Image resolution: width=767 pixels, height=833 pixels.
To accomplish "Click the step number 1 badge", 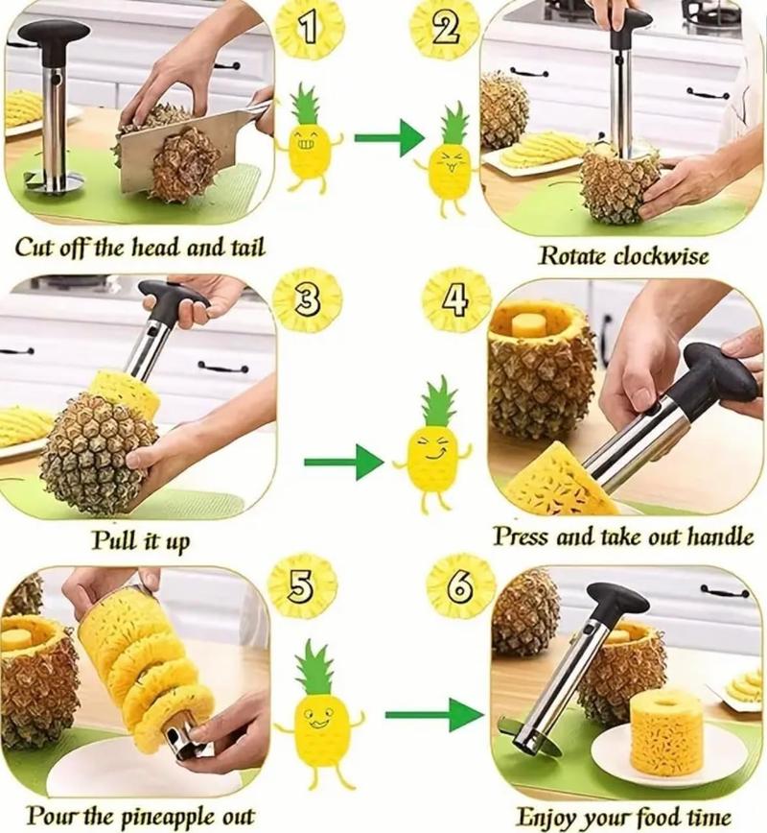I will pyautogui.click(x=309, y=31).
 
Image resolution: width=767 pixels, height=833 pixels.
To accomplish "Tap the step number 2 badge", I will pyautogui.click(x=443, y=31).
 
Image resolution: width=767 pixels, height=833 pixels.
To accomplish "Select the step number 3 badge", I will pyautogui.click(x=306, y=300).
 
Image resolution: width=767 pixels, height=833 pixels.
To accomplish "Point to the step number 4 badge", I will pyautogui.click(x=456, y=300).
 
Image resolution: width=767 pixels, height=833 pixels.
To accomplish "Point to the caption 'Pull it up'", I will pyautogui.click(x=140, y=540).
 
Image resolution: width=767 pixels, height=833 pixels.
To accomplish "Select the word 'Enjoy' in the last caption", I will pyautogui.click(x=544, y=817).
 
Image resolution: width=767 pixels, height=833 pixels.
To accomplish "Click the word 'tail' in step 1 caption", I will pyautogui.click(x=244, y=248).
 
